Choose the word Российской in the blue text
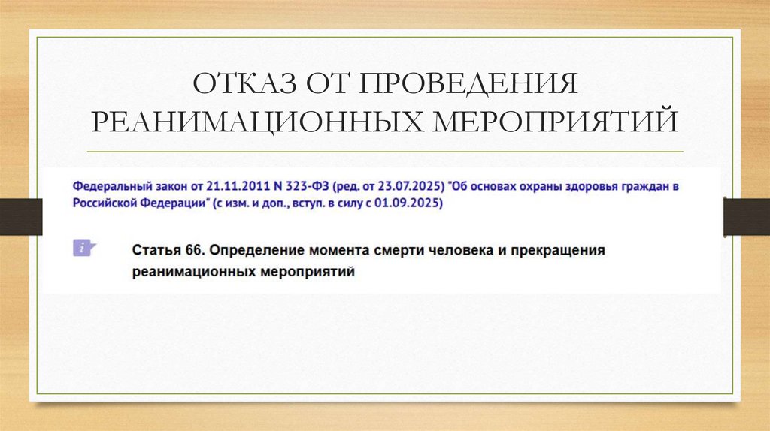[106, 203]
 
